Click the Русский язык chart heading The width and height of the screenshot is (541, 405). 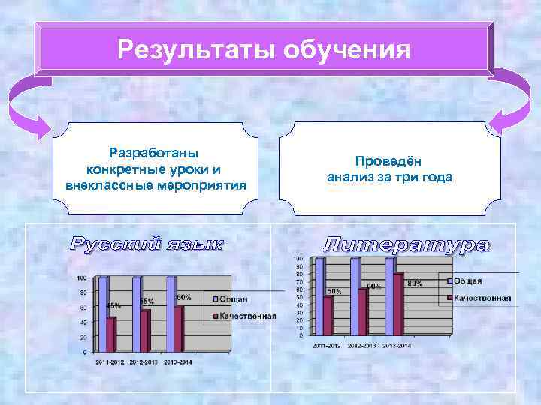(x=147, y=244)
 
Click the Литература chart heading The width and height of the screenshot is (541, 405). (x=406, y=244)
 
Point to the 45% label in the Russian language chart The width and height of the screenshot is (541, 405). (x=113, y=305)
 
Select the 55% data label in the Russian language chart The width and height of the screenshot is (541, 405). (x=147, y=301)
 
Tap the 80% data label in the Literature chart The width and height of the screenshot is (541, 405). (x=415, y=283)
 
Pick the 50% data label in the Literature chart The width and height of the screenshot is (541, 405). (x=334, y=290)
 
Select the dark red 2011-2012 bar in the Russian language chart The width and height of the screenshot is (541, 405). (x=111, y=334)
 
